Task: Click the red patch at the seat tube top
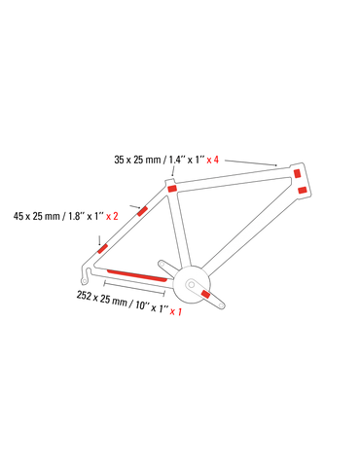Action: click(x=172, y=189)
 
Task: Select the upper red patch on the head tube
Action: click(x=297, y=173)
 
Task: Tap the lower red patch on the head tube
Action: click(x=303, y=190)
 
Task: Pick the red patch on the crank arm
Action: click(x=205, y=294)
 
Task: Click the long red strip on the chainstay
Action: click(x=137, y=275)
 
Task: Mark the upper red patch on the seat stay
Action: click(x=142, y=211)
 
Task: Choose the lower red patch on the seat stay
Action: click(x=103, y=249)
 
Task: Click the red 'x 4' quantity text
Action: click(x=213, y=160)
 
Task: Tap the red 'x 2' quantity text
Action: click(x=112, y=216)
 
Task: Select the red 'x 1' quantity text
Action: click(x=176, y=311)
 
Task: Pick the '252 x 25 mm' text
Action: click(x=101, y=299)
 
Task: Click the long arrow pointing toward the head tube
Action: click(x=251, y=162)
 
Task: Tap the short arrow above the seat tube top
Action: click(x=173, y=171)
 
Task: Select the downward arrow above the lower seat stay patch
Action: click(x=99, y=240)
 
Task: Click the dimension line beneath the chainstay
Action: click(x=134, y=289)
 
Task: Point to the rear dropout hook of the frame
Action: click(x=86, y=274)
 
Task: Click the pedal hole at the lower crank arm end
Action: click(x=221, y=305)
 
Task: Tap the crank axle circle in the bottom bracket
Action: click(x=192, y=285)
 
